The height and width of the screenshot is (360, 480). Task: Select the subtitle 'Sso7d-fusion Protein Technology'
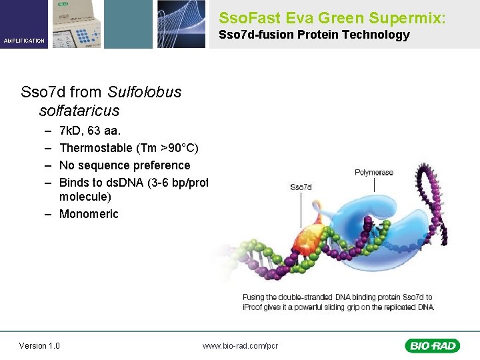click(314, 35)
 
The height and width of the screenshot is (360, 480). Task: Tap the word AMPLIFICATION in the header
click(24, 41)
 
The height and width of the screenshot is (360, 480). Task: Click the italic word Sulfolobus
click(144, 92)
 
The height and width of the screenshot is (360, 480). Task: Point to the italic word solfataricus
click(79, 110)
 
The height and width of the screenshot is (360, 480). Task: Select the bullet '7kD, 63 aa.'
click(89, 131)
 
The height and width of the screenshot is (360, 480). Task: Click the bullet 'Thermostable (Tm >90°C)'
click(129, 148)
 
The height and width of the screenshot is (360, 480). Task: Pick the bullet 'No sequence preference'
click(125, 165)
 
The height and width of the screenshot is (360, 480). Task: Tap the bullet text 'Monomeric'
click(89, 214)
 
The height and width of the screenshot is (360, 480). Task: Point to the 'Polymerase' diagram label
click(373, 173)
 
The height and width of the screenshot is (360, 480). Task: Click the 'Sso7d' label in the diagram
click(301, 187)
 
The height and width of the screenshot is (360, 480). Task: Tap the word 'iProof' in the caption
click(253, 307)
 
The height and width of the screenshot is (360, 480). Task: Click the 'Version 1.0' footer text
click(39, 345)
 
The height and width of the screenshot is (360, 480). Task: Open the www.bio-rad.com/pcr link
click(240, 345)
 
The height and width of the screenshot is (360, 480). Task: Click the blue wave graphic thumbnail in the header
click(181, 24)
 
